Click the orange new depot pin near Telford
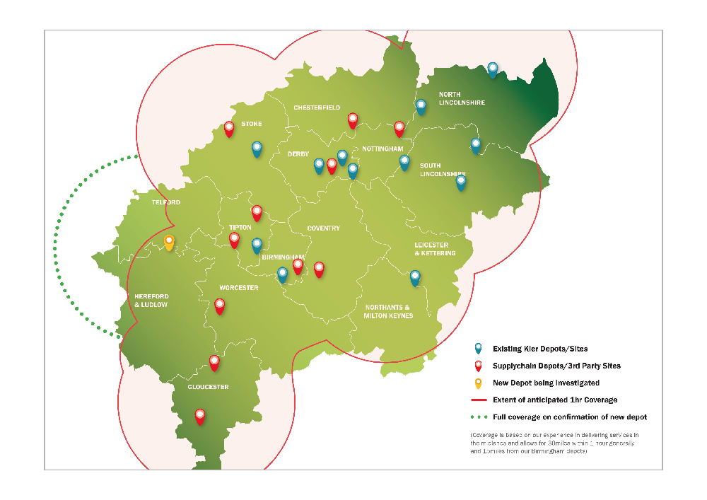[169, 243]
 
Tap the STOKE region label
[251, 124]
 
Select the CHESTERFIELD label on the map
[317, 107]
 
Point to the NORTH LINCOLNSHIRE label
[462, 98]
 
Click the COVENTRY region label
[323, 228]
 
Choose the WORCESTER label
[238, 288]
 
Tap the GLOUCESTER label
[208, 387]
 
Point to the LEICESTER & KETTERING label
[434, 249]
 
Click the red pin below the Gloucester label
[200, 416]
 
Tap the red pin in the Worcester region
[220, 306]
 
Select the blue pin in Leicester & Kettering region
[415, 277]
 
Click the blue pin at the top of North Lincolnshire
[493, 69]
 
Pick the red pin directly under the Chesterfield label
[353, 120]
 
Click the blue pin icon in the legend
[479, 348]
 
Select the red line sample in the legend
[479, 400]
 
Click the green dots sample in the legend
[479, 417]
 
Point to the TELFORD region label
[166, 202]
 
